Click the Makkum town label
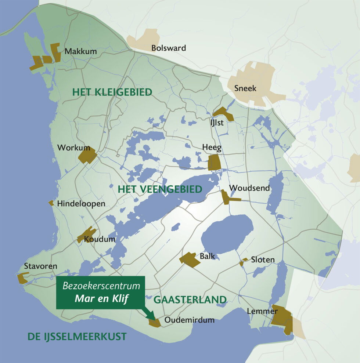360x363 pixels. pos(80,51)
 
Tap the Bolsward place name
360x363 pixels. pos(169,48)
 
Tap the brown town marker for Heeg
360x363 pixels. pos(214,162)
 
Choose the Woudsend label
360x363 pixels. pos(249,188)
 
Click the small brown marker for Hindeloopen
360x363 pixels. pos(51,203)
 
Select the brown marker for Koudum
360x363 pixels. pos(87,235)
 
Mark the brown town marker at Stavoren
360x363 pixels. pos(23,278)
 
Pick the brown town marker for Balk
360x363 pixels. pos(190,259)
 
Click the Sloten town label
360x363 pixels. pos(263,260)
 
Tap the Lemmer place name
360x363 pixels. pos(262,311)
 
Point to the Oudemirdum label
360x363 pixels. pos(189,320)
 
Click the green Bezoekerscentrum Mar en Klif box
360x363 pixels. pos(101,292)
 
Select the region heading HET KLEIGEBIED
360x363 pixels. pos(112,92)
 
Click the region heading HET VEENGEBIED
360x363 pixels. pos(160,189)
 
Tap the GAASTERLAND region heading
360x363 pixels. pos(190,300)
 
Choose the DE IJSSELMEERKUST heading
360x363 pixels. pos(77,336)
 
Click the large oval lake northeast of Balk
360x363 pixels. pos(227,235)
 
